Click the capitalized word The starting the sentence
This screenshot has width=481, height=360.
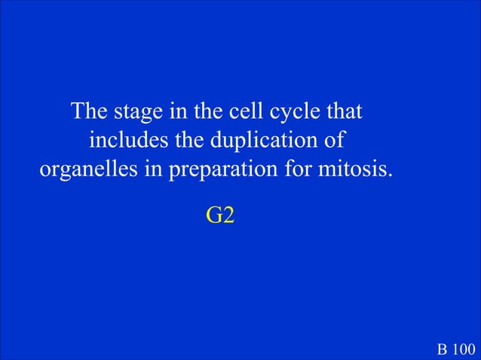90,112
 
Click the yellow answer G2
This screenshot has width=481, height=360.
220,215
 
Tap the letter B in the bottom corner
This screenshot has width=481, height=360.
442,349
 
